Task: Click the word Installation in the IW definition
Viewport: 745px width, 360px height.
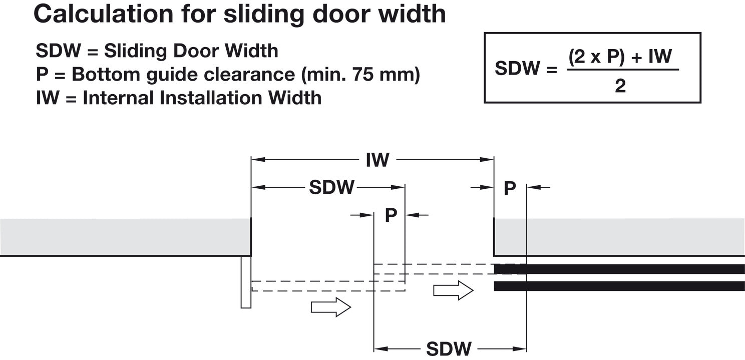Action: click(x=209, y=98)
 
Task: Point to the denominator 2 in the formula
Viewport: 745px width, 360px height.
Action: click(x=620, y=87)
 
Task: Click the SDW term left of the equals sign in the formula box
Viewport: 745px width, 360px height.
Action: click(x=518, y=68)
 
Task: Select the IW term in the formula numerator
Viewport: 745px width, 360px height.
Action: click(x=660, y=56)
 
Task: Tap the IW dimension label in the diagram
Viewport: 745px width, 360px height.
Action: click(x=377, y=160)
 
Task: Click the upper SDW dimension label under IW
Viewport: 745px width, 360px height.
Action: click(x=331, y=188)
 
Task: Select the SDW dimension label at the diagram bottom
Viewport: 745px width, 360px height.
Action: click(x=449, y=348)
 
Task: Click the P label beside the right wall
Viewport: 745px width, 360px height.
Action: click(x=510, y=189)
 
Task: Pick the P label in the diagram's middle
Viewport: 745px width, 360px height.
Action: click(x=391, y=216)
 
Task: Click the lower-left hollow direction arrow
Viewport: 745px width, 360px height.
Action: click(x=331, y=306)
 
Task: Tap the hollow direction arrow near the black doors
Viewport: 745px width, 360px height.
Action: click(x=453, y=290)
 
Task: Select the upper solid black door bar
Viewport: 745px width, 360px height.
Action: click(x=619, y=269)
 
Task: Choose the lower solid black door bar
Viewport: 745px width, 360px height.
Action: click(x=619, y=286)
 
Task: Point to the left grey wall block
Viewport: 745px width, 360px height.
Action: click(x=125, y=237)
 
